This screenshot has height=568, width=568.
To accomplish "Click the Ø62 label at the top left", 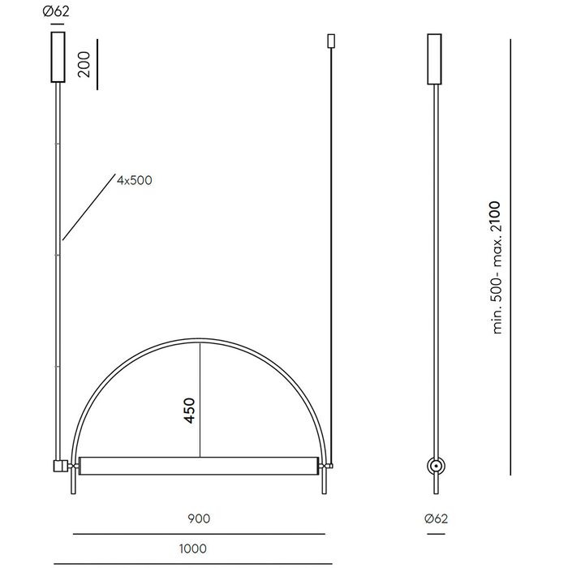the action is pyautogui.click(x=56, y=11).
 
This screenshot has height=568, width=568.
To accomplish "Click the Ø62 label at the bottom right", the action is pyautogui.click(x=436, y=519).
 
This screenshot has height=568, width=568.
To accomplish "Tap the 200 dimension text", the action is pyautogui.click(x=84, y=64).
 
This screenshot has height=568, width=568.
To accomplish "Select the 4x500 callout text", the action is pyautogui.click(x=135, y=180).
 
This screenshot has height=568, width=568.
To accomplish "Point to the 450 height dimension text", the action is pyautogui.click(x=189, y=411).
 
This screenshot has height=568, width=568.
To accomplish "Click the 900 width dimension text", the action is pyautogui.click(x=199, y=519).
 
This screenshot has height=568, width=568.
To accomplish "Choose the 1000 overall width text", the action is pyautogui.click(x=193, y=549).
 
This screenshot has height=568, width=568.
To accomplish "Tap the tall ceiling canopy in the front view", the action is pyautogui.click(x=58, y=57).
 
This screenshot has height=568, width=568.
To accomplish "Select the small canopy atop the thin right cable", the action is pyautogui.click(x=331, y=41).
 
